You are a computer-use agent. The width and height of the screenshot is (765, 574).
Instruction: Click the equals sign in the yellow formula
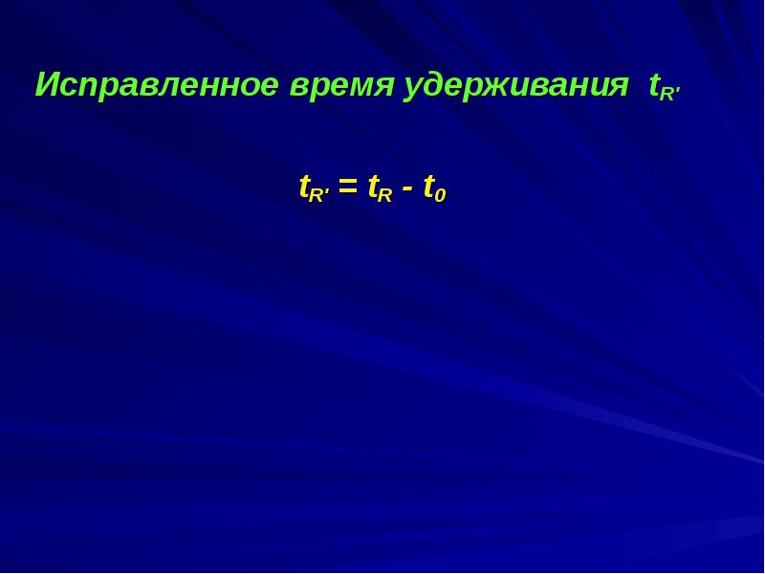(x=348, y=188)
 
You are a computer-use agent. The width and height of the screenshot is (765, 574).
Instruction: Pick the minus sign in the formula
(x=408, y=188)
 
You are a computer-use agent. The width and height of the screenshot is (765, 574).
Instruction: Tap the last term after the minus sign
(x=434, y=188)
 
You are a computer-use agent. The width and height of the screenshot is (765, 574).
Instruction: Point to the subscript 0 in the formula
(x=440, y=195)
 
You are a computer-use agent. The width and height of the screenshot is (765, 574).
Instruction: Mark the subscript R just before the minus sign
(x=384, y=194)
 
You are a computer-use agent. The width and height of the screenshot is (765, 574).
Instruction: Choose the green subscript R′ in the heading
(x=668, y=93)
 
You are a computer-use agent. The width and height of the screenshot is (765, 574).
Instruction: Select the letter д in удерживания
(x=436, y=87)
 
